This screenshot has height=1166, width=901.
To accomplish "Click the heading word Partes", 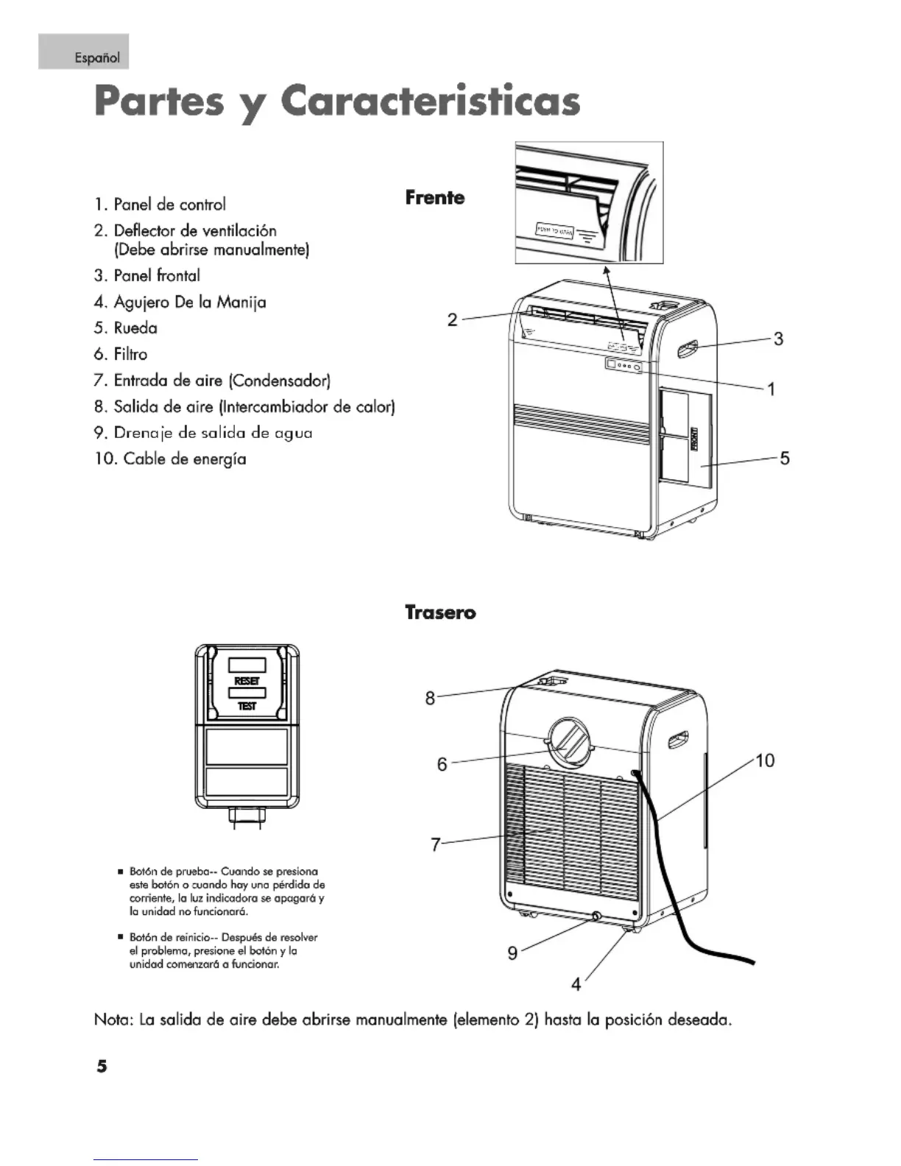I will point(159,102).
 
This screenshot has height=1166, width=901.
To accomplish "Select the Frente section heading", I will point(434,197).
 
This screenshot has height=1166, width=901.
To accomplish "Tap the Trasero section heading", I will point(440,612).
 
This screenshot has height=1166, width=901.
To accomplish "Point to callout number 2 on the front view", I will point(452,319).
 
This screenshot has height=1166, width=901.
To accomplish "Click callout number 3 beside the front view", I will point(778,339).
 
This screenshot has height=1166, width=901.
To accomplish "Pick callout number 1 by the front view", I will point(771,389).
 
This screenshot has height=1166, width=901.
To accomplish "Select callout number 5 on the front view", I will point(785,459).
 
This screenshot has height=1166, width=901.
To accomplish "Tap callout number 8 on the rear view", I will point(430,698).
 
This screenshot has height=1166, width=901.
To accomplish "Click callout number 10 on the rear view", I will point(765,760).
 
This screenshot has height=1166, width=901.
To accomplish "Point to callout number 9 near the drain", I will point(512,953).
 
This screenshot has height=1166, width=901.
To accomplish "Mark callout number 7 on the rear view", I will point(436,844).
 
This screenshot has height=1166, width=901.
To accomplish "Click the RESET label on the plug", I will point(247,682).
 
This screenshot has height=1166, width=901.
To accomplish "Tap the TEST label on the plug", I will point(247,706).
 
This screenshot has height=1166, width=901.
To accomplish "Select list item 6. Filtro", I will point(121,354).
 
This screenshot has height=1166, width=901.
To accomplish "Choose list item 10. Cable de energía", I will point(170,459).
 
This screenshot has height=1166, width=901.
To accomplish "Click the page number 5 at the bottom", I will point(102,1065).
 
